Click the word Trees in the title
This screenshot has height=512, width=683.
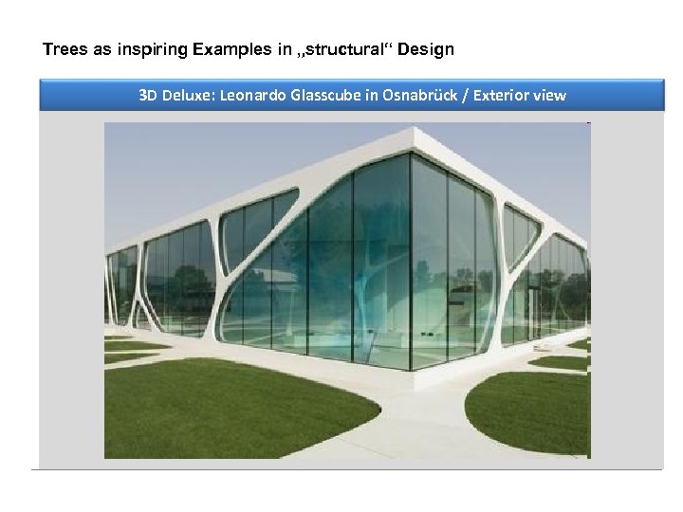click(x=64, y=48)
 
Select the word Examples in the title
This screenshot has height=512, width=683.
click(x=233, y=48)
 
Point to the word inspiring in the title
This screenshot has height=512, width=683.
click(x=152, y=48)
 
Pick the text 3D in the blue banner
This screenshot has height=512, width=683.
click(x=148, y=96)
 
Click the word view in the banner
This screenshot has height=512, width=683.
click(x=550, y=96)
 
